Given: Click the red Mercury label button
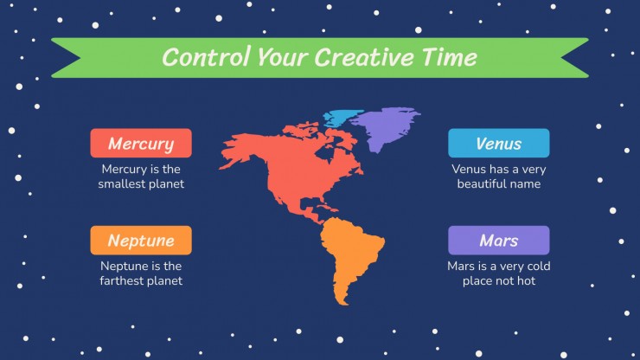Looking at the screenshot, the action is coord(141,143).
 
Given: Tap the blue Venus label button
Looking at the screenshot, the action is coord(499,143).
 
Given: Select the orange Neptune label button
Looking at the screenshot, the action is coord(141,241).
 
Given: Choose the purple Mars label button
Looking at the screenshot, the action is coord(499,241).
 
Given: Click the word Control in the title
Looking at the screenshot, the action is coord(206,57).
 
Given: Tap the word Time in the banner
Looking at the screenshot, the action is coord(450,57).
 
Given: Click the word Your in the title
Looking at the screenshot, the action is coord(283,58).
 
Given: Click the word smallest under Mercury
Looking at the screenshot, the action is coord(118,183).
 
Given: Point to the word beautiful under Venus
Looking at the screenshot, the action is coord(480,183).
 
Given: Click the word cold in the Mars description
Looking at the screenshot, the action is coord(539,266).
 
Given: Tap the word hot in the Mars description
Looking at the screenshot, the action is coord(527,280).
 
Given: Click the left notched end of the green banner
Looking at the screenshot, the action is coord(66,58).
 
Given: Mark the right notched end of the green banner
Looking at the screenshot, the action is coord(574,58).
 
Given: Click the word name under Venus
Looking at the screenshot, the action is coord(523,183).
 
